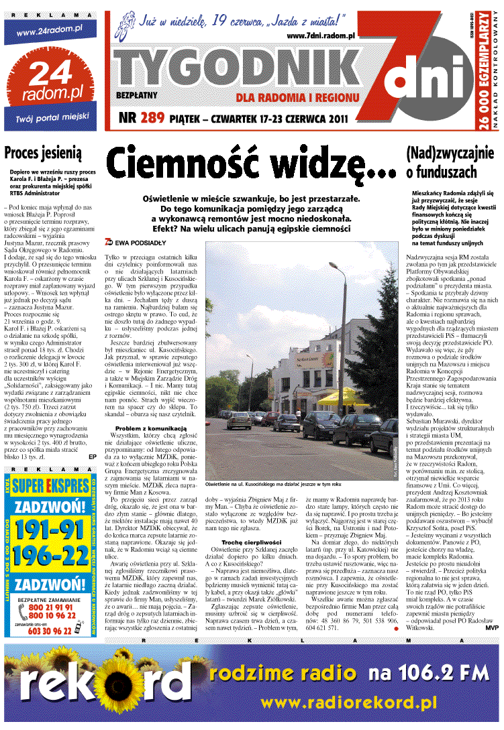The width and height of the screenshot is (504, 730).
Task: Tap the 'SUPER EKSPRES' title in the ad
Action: click(51, 485)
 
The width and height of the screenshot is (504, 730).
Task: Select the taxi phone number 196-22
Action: click(51, 557)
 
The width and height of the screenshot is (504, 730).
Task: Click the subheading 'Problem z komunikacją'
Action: click(145, 428)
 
